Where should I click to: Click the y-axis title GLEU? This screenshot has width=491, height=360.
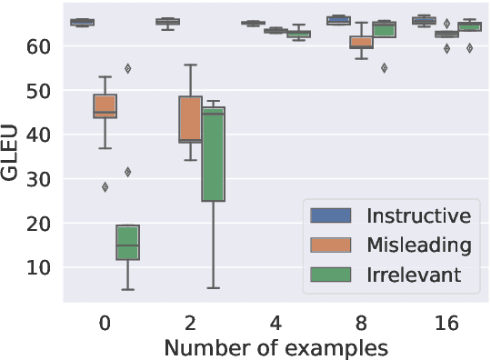click(x=11, y=156)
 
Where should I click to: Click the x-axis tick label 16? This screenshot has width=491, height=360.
click(x=446, y=324)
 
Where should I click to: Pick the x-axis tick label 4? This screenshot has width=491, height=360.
click(x=276, y=324)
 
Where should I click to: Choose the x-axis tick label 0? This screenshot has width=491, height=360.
click(x=105, y=324)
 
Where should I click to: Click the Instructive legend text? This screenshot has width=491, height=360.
click(x=418, y=215)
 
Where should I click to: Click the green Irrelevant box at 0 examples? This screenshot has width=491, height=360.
click(x=127, y=242)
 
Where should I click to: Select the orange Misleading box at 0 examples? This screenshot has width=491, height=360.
click(x=105, y=106)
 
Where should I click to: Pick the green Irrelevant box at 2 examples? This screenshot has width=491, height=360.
click(x=213, y=155)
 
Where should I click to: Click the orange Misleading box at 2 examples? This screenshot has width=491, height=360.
click(x=190, y=119)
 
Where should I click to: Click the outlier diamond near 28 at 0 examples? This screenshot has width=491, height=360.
click(x=105, y=187)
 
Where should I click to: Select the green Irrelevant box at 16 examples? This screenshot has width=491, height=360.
click(x=469, y=26)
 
